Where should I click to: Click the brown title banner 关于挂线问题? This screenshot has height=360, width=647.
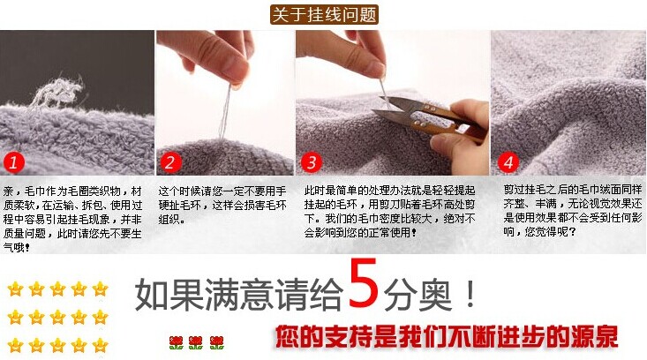[324, 15]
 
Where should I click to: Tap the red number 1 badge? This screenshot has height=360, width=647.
[13, 162]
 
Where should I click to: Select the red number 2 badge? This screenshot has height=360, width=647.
[170, 162]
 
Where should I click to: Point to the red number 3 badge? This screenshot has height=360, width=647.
[311, 162]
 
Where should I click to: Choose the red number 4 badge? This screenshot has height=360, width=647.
[508, 162]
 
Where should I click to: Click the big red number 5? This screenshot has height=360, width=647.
[363, 283]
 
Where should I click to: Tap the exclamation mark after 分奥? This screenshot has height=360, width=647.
[470, 294]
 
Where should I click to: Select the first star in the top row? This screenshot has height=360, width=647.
[15, 289]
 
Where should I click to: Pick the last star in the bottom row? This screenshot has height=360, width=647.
[100, 345]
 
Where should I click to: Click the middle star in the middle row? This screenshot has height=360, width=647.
[57, 317]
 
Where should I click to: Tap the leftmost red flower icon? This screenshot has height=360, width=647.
[177, 342]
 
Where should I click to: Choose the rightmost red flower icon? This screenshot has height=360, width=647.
[216, 342]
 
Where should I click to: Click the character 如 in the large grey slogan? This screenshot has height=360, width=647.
[152, 295]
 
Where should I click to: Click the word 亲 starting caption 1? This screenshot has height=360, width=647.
[8, 191]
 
